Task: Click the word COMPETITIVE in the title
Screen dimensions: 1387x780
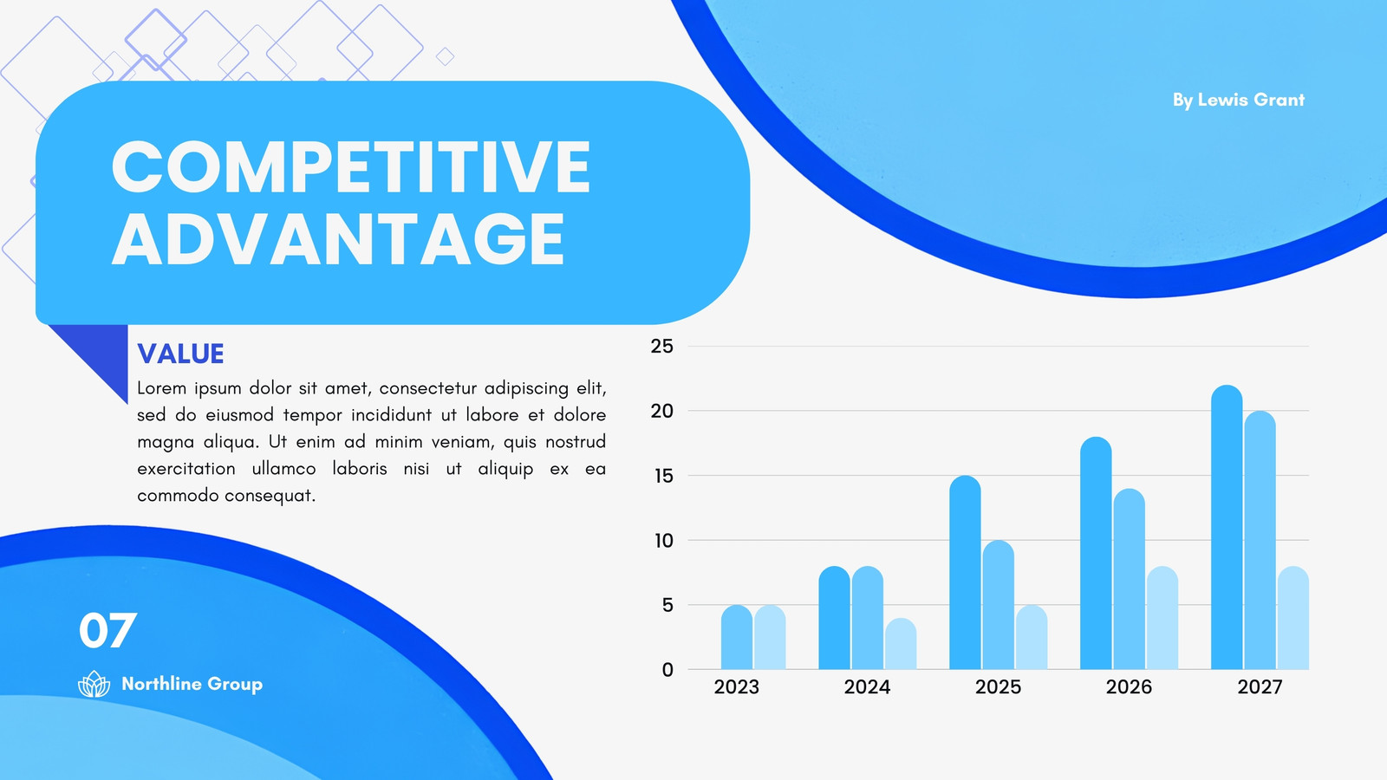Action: coord(350,166)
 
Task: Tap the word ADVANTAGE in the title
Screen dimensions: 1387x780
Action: coord(338,239)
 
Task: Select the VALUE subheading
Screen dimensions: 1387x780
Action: coord(180,354)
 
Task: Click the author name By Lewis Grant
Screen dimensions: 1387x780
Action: coord(1239,101)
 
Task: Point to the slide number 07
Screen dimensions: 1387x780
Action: coord(107,630)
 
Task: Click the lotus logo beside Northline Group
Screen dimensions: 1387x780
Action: coord(94,684)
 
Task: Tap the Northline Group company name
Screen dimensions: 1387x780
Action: coord(192,684)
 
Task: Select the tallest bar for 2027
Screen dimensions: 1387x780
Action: coord(1227,527)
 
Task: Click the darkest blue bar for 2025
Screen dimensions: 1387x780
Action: coord(965,573)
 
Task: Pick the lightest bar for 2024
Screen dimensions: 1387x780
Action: coord(901,644)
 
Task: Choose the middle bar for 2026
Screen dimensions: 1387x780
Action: coord(1129,579)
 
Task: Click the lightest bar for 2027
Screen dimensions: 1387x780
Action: coord(1293,618)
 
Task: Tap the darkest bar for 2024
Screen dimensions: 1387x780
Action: coord(834,618)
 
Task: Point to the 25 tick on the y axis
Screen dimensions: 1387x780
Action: coord(661,346)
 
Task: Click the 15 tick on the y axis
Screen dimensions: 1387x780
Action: coord(663,476)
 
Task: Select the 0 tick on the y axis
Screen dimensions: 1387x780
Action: coord(667,670)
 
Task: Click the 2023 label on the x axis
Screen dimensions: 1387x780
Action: coord(736,687)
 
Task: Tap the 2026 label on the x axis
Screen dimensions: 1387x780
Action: coord(1129,687)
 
